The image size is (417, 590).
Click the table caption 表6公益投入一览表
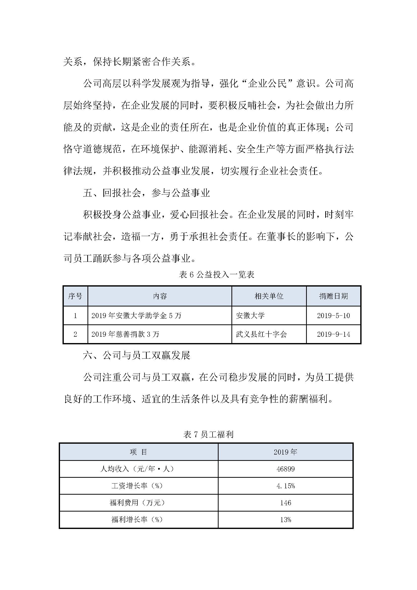pos(217,275)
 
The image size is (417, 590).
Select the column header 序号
pos(75,296)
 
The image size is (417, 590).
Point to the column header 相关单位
pos(269,296)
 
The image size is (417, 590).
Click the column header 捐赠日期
pos(333,296)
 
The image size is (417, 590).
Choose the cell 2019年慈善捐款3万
pos(125,334)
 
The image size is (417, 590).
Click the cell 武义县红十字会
pos(261,334)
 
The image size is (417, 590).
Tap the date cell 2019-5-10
pos(333,316)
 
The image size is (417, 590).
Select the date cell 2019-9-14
pos(333,334)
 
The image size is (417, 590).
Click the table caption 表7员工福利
pos(208,435)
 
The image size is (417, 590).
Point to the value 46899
pos(286,469)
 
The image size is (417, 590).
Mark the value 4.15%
pos(286,486)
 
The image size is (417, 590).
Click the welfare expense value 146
pos(286,503)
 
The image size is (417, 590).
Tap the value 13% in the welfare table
pos(286,520)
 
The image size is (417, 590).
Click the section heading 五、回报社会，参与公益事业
pos(146,193)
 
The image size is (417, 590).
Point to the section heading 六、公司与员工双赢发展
pos(136,355)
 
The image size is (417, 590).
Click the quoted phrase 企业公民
pos(267,84)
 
